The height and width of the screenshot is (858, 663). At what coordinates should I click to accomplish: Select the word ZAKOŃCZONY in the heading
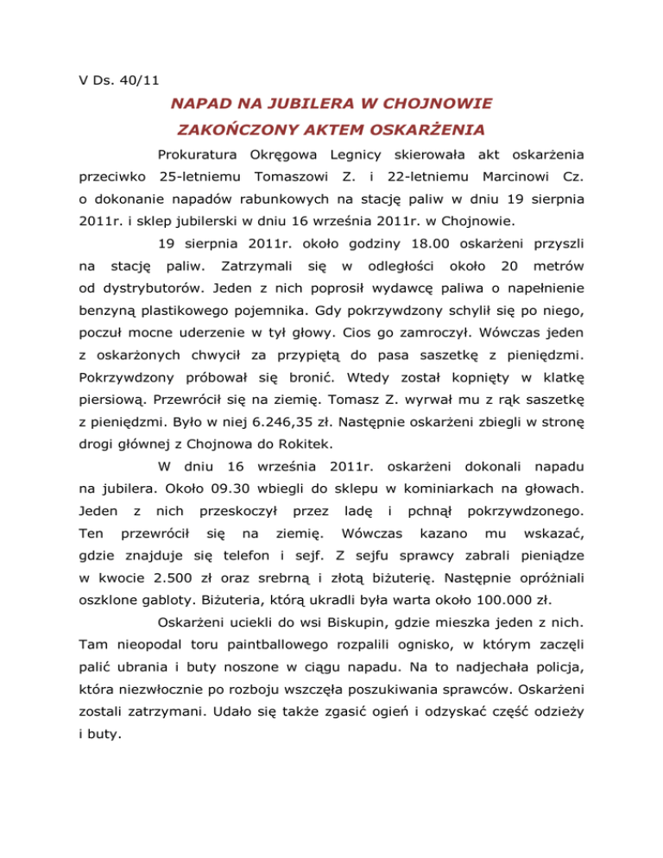[x=244, y=132]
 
